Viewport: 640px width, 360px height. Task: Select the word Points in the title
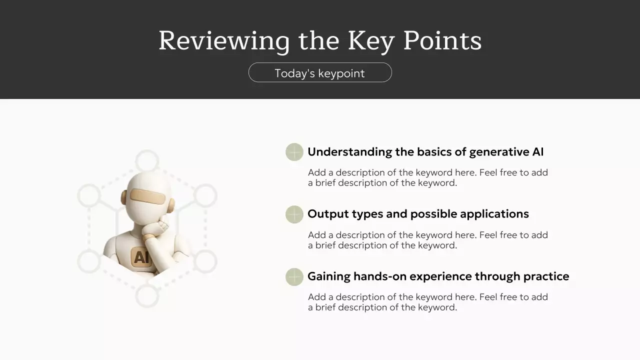click(x=442, y=40)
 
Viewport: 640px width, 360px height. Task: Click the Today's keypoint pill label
click(x=320, y=72)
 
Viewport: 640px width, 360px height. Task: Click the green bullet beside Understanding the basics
click(x=294, y=152)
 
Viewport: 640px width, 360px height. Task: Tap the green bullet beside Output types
click(x=294, y=214)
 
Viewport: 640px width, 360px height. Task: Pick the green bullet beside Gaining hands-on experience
click(x=294, y=277)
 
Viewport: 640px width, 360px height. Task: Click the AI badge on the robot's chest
click(x=141, y=257)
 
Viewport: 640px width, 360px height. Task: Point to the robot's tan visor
click(x=147, y=197)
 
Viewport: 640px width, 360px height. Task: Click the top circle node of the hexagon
click(x=147, y=161)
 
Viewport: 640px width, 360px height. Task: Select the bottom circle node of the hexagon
click(x=147, y=296)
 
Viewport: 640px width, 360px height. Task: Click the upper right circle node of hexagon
click(x=205, y=195)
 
